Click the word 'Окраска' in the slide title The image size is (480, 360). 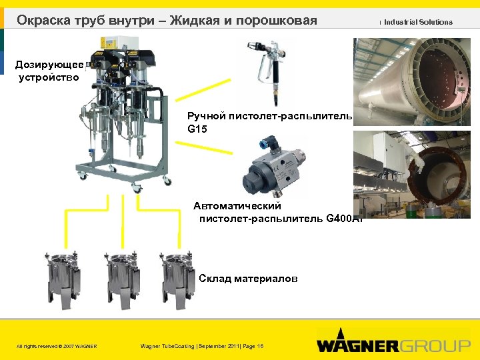[x=43, y=21]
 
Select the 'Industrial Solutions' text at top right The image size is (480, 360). [x=418, y=22]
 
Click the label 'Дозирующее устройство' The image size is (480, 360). [x=49, y=71]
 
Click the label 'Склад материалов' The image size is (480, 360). [x=248, y=278]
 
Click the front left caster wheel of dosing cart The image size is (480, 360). [x=83, y=176]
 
